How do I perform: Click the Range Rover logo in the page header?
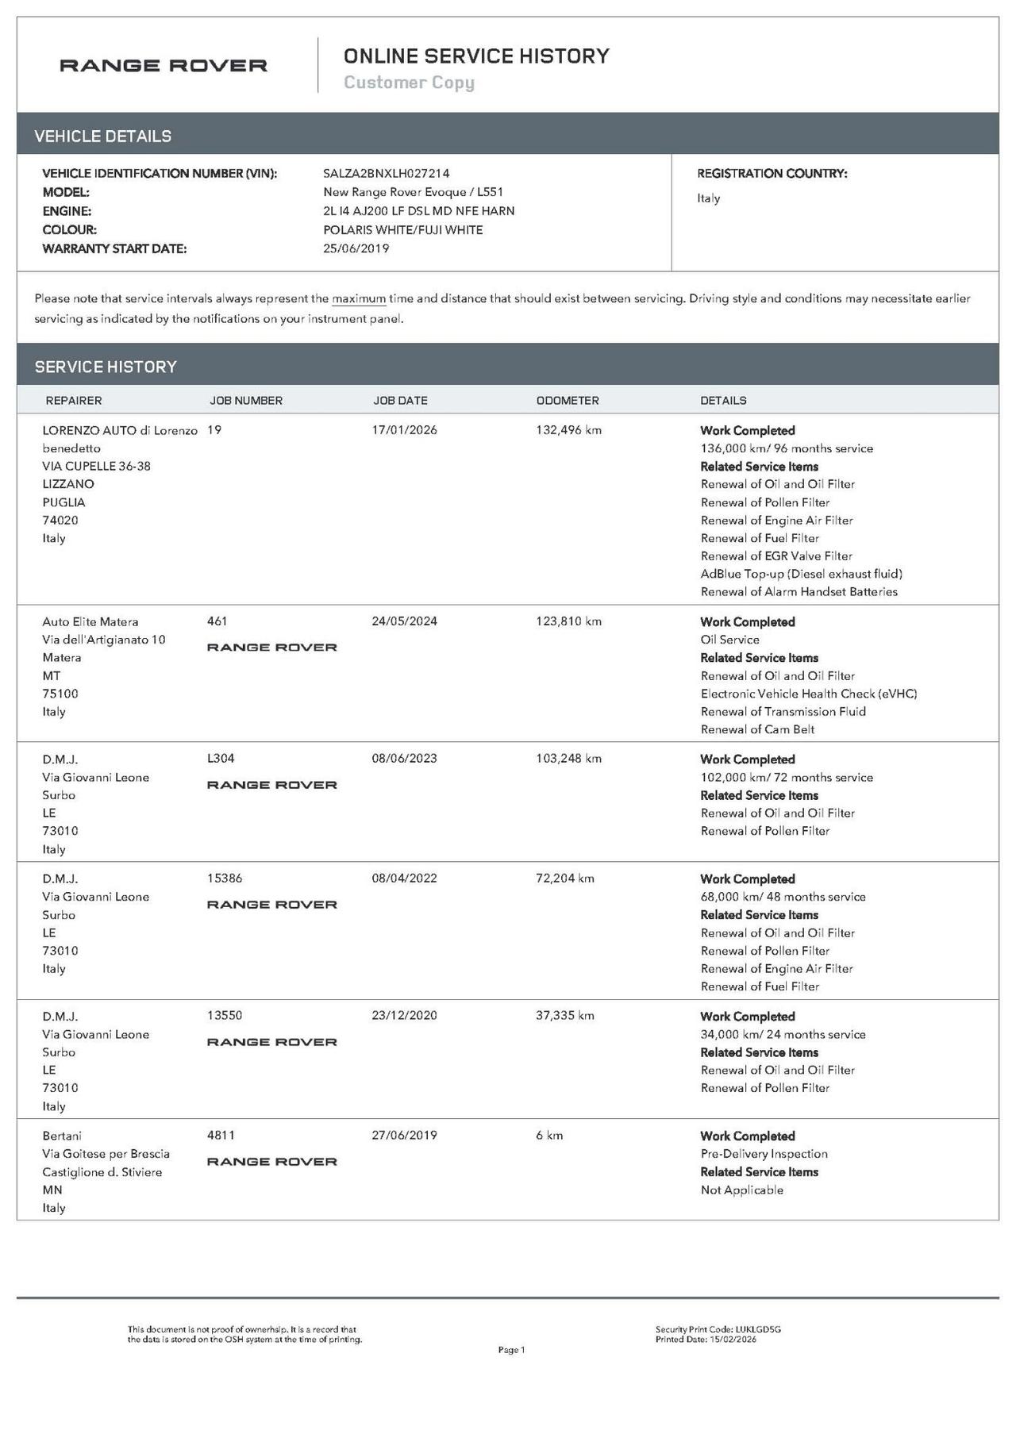164,66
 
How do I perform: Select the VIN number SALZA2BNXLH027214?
386,173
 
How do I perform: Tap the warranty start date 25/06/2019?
356,248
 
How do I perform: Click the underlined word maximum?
359,299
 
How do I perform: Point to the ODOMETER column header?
568,401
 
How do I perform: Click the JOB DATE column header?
401,401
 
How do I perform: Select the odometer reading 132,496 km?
568,430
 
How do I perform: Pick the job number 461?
217,621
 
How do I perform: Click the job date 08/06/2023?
404,759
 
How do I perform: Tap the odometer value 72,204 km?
565,879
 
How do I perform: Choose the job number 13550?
225,1016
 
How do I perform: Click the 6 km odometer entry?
549,1136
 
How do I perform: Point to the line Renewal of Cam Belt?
757,729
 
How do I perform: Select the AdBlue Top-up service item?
801,574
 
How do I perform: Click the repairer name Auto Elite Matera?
90,622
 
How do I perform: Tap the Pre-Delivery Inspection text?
764,1154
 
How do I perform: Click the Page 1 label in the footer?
511,1350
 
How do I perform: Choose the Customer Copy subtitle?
409,83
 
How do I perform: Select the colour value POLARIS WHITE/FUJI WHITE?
402,230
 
